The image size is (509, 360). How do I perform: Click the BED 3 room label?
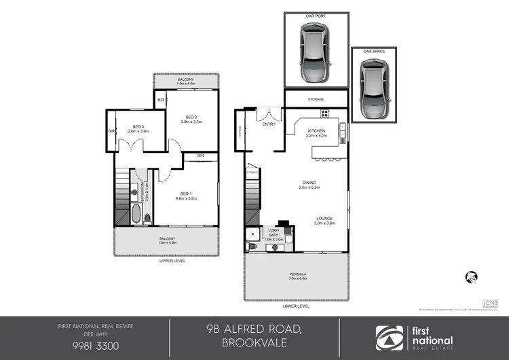[138, 126]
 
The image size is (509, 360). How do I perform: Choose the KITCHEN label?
[317, 130]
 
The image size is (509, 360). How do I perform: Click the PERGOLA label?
[298, 274]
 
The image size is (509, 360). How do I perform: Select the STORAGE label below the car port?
[316, 99]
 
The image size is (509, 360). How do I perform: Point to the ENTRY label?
[269, 124]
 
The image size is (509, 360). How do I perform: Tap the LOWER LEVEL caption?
[298, 306]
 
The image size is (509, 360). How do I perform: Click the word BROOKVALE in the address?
[254, 344]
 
